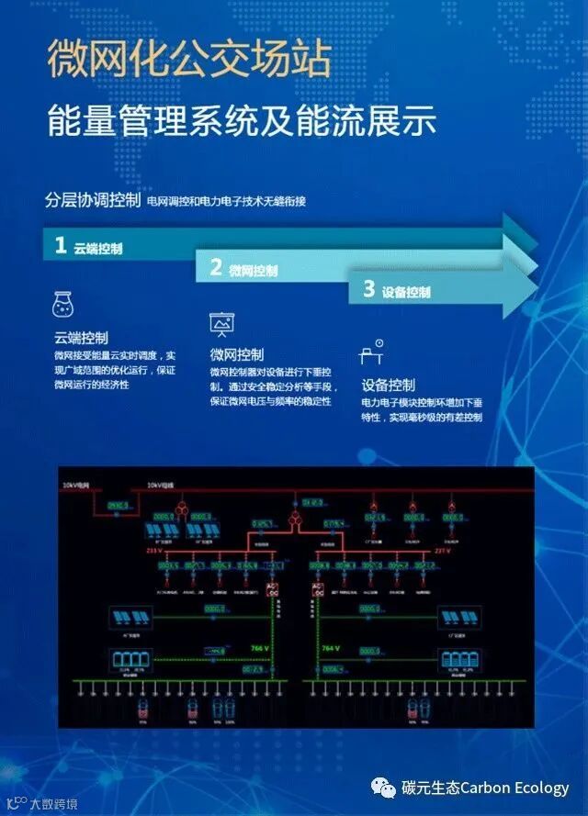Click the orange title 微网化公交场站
click(x=187, y=60)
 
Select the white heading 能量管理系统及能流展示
click(x=242, y=121)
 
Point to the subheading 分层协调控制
click(x=92, y=200)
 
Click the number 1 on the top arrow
click(x=61, y=245)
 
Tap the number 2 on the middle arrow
click(x=216, y=268)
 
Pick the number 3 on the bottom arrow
click(x=368, y=290)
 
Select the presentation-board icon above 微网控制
click(x=221, y=324)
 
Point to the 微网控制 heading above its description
click(x=236, y=354)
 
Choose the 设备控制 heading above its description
click(x=388, y=385)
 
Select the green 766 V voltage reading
click(x=259, y=648)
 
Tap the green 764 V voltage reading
click(x=329, y=648)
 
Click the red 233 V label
click(x=153, y=551)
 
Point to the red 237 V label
click(x=443, y=552)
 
